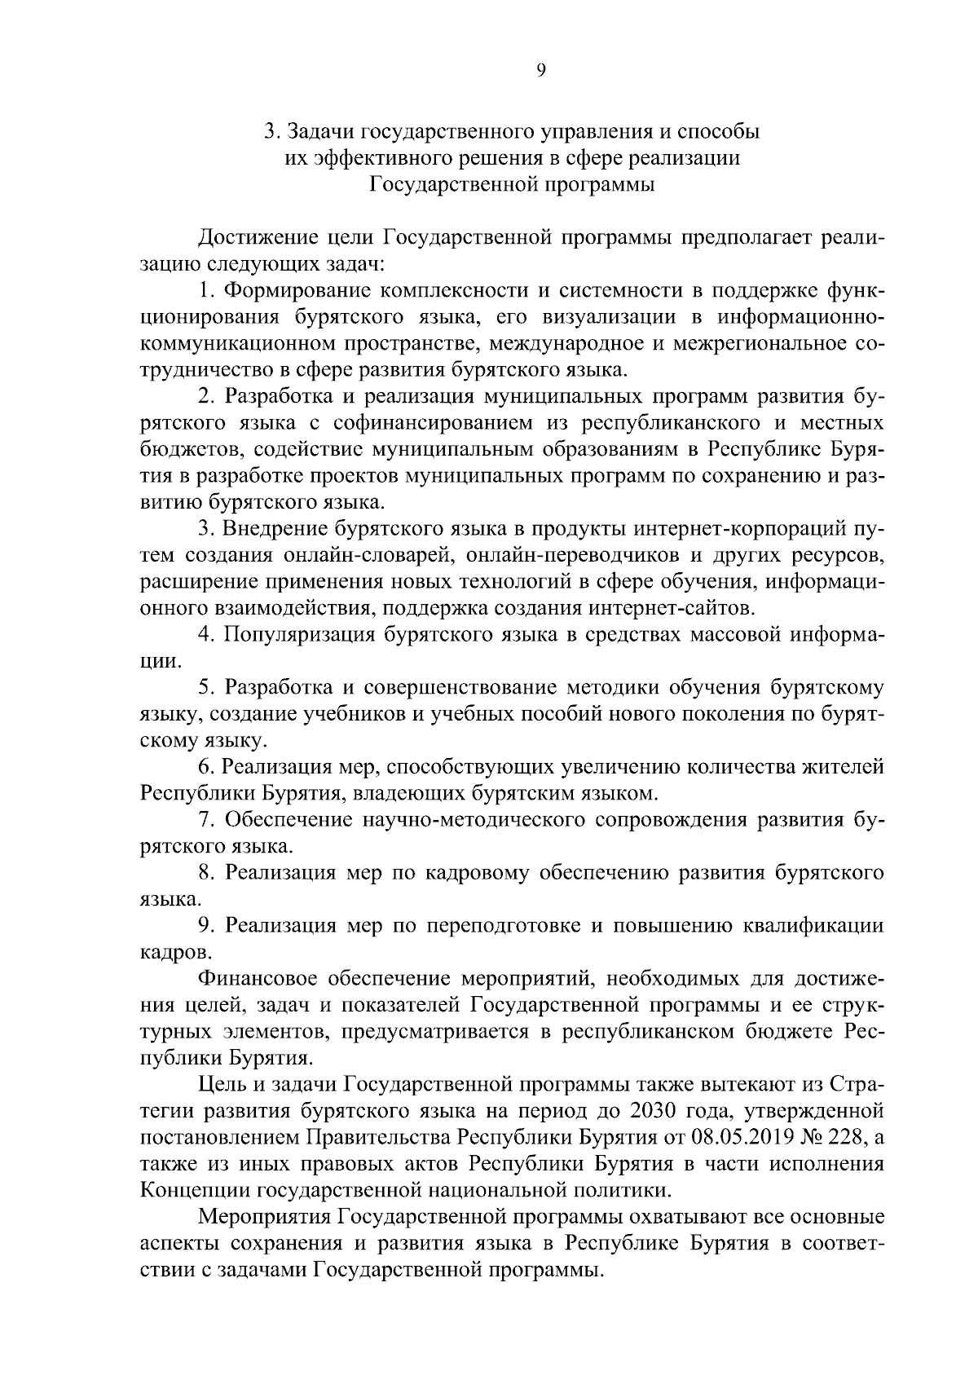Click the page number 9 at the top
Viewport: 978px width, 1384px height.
[x=540, y=71]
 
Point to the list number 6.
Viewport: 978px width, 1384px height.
[x=205, y=767]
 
